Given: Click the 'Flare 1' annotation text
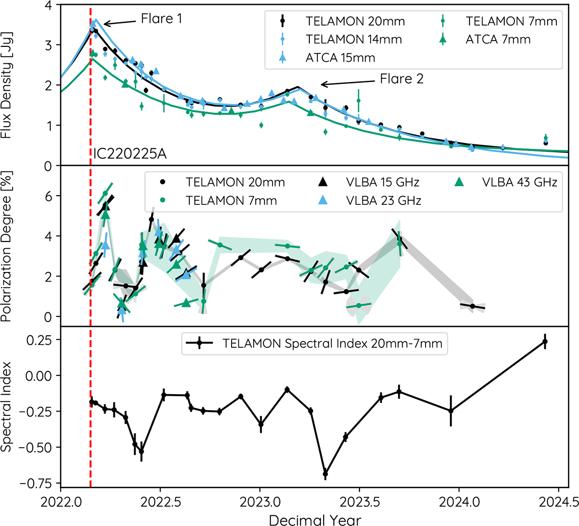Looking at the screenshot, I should click(x=161, y=19).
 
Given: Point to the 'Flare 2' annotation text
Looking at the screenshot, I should click(x=401, y=79).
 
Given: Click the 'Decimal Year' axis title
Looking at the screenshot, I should click(x=315, y=519).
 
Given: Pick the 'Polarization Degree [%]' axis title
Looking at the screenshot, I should click(x=7, y=246).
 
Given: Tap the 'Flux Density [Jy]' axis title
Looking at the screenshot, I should click(x=7, y=85).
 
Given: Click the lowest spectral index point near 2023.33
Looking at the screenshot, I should click(x=325, y=474).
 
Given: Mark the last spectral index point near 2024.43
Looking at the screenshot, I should click(x=545, y=341).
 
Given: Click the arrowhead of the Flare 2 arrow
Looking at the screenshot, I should click(x=322, y=85).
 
